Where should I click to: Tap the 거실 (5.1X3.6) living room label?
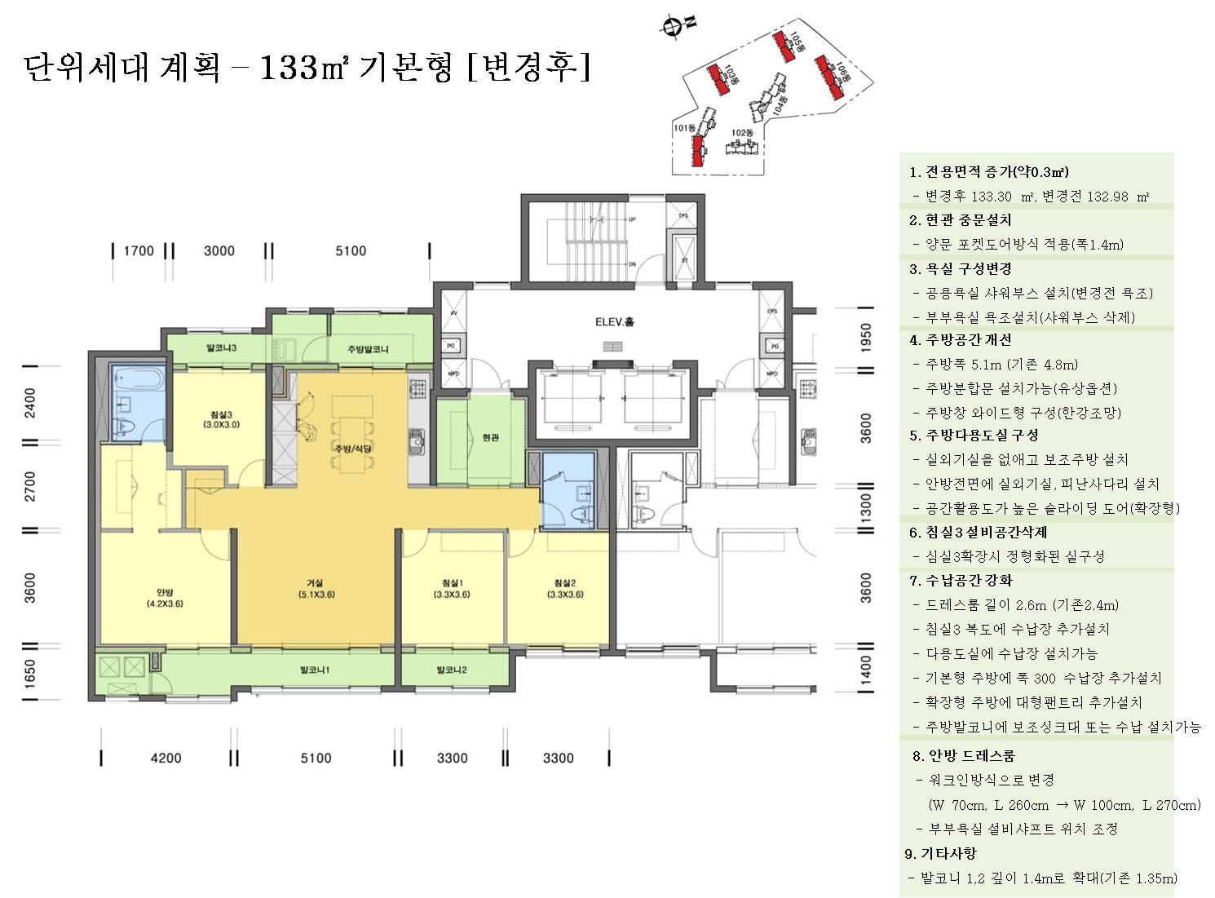coord(316,589)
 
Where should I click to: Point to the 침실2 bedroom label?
coord(565,589)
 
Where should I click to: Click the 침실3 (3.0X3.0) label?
coord(221,419)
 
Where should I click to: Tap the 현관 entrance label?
coord(490,438)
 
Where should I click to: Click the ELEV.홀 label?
coord(614,321)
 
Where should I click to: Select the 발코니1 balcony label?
coord(315,670)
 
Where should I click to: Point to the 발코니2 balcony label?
coord(451,670)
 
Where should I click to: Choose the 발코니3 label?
coord(221,348)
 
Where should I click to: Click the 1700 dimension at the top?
coord(139,251)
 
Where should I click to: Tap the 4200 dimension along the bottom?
coord(166,759)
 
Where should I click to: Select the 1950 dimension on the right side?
coord(866,338)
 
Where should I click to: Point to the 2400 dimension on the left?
coord(30,403)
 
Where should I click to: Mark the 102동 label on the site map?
coord(741,133)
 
